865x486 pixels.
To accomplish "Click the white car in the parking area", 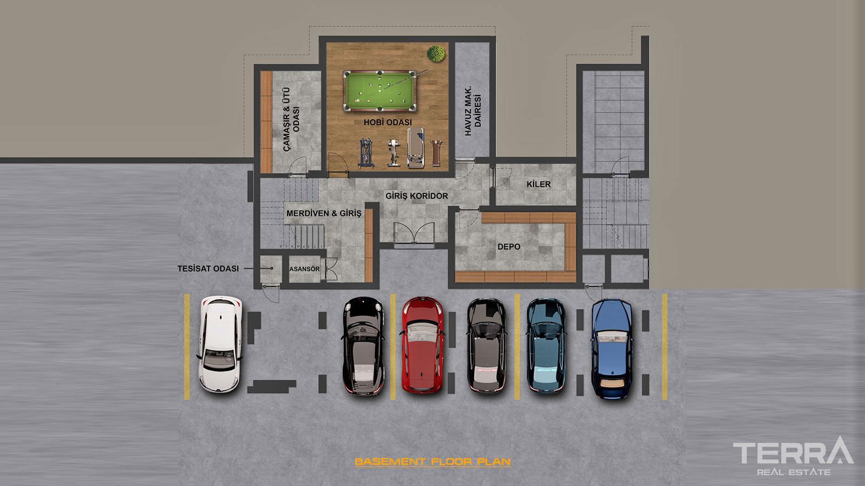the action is [x=219, y=345].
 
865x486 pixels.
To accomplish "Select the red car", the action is [x=422, y=345].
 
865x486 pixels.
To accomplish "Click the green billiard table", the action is [x=380, y=91].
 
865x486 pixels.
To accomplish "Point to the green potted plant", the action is [x=436, y=53].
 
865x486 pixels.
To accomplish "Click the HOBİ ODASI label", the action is [x=388, y=122].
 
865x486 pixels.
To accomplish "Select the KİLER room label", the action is [x=538, y=184].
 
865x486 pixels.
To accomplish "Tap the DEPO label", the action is [x=509, y=246].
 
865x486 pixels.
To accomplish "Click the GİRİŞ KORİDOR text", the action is [x=417, y=196].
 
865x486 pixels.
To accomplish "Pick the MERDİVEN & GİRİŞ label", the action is [x=324, y=213].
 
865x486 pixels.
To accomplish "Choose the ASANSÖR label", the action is [x=304, y=269].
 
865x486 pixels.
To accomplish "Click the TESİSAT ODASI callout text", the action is [x=208, y=268].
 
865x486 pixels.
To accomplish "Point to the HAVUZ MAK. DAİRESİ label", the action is [x=473, y=111].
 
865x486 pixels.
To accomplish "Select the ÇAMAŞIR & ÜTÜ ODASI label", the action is [x=291, y=119].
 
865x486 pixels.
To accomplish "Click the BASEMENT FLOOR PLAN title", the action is [x=432, y=462].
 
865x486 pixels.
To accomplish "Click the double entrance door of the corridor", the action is [x=414, y=234].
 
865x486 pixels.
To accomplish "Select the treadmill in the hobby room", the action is [x=416, y=148].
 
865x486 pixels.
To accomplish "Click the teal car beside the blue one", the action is [x=546, y=346].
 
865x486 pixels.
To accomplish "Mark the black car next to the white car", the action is [x=363, y=346].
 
